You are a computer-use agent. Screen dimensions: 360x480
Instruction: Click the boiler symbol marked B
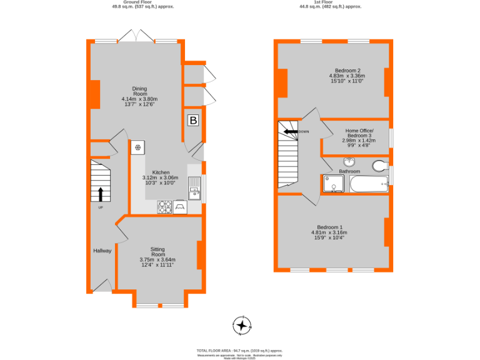click(x=193, y=121)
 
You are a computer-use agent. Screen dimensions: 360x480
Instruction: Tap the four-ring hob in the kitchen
click(x=165, y=207)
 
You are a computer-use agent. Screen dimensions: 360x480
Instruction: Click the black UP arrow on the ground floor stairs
click(x=101, y=194)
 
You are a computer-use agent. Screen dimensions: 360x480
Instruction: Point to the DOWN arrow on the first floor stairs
click(x=291, y=131)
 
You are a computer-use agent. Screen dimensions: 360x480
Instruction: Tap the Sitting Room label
click(x=157, y=251)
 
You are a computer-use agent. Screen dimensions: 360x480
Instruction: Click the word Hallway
click(x=102, y=251)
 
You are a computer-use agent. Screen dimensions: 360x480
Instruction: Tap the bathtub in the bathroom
click(x=369, y=184)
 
